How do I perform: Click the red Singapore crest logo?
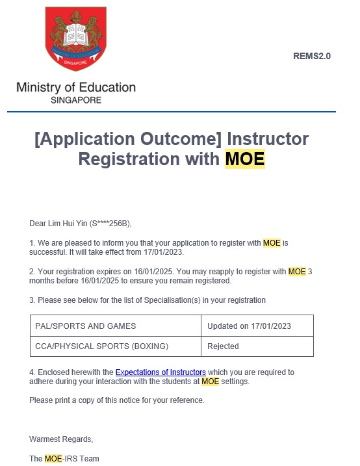[75, 38]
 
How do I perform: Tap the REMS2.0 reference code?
[312, 56]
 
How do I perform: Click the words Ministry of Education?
[76, 88]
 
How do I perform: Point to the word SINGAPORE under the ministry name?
[76, 101]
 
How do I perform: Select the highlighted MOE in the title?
[245, 159]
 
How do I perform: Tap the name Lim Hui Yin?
[69, 224]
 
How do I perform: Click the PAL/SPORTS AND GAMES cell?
[86, 326]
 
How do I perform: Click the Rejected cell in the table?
[223, 346]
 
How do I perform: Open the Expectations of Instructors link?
[161, 372]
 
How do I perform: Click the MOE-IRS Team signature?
[64, 459]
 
